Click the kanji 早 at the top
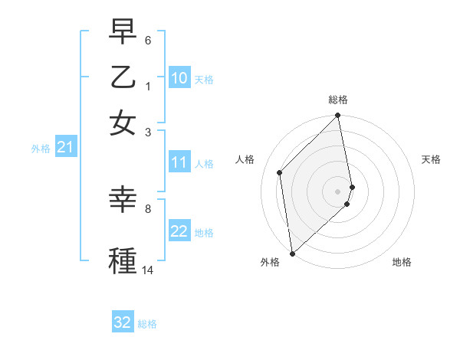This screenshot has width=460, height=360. pyautogui.click(x=123, y=34)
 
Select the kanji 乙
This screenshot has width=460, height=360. pyautogui.click(x=123, y=78)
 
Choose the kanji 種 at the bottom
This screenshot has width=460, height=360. pyautogui.click(x=123, y=259)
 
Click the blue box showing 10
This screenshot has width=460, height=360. pyautogui.click(x=179, y=78)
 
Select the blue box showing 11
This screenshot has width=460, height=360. pyautogui.click(x=179, y=162)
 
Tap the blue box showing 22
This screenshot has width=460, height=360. pyautogui.click(x=179, y=231)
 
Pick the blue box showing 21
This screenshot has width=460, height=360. pyautogui.click(x=65, y=148)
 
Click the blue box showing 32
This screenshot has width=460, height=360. pyautogui.click(x=123, y=322)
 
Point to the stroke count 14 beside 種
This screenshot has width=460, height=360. pyautogui.click(x=148, y=270)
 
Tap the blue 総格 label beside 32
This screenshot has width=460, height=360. pyautogui.click(x=147, y=324)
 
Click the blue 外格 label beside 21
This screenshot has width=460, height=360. pyautogui.click(x=41, y=149)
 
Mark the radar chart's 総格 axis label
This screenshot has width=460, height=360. pyautogui.click(x=338, y=100)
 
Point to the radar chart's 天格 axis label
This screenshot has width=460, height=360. pyautogui.click(x=431, y=159)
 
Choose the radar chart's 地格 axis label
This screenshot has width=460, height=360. pyautogui.click(x=402, y=262)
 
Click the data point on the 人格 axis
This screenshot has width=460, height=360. pyautogui.click(x=280, y=172)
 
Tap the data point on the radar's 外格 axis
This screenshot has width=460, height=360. pyautogui.click(x=292, y=253)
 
